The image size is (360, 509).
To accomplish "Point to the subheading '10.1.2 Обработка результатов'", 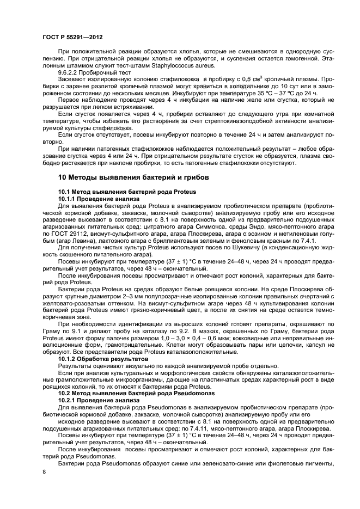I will tap(103, 359).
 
